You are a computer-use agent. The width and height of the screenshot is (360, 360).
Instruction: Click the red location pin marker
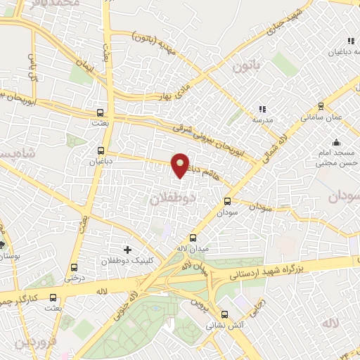tap(181, 165)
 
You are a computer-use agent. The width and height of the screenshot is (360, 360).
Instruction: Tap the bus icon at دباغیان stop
tap(102, 150)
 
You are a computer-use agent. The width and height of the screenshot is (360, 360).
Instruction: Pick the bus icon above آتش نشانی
tap(225, 314)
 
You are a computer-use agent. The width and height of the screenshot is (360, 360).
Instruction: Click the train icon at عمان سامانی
tap(321, 106)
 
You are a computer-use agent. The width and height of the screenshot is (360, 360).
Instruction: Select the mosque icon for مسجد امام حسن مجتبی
tap(336, 142)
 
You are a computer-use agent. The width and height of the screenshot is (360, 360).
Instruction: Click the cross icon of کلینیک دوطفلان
tap(127, 249)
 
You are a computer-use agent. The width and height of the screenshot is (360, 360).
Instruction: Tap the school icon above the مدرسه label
tap(262, 109)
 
